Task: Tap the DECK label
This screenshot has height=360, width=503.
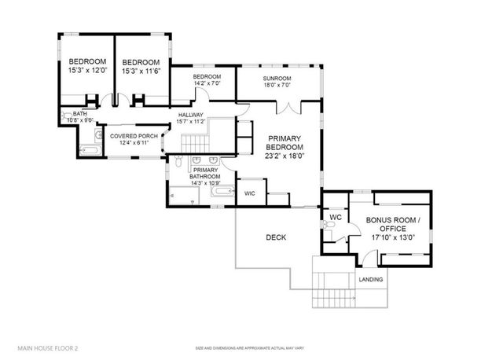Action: coord(275,237)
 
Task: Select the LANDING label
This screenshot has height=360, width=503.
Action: coord(370,279)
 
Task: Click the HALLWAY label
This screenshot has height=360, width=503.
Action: coord(190,115)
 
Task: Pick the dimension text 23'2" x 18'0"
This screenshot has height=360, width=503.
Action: coord(284,156)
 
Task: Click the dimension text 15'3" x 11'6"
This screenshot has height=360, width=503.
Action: coord(141,72)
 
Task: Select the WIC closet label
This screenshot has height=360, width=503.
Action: coord(249,193)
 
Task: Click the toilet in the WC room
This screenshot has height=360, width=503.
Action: coord(330,230)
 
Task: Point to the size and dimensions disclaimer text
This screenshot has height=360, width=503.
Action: coord(251,347)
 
